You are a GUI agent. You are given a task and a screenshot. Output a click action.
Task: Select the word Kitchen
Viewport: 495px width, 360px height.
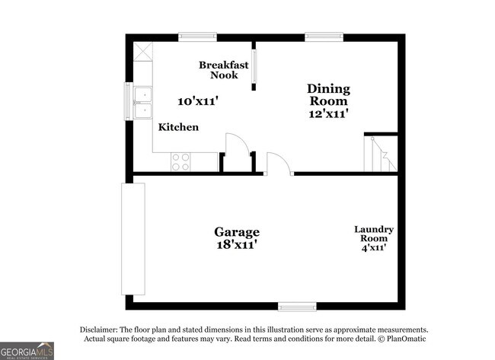pyautogui.click(x=178, y=127)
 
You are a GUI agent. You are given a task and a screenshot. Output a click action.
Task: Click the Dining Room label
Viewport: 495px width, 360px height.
pyautogui.click(x=328, y=94)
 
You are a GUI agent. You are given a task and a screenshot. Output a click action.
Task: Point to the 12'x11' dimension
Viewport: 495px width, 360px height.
pyautogui.click(x=328, y=113)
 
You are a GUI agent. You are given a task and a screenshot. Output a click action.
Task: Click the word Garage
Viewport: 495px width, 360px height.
pyautogui.click(x=236, y=231)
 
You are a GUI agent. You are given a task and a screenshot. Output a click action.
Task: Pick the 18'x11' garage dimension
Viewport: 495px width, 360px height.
pyautogui.click(x=236, y=244)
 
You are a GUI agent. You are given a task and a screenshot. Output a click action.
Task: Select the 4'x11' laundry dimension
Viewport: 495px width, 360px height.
pyautogui.click(x=374, y=247)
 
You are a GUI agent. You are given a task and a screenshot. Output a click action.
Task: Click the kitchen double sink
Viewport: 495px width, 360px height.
pyautogui.click(x=142, y=104)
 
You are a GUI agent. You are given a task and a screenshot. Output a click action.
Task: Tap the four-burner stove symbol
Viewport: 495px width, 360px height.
pyautogui.click(x=180, y=161)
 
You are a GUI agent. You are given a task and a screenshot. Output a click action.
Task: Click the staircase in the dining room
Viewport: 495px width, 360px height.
pyautogui.click(x=380, y=154)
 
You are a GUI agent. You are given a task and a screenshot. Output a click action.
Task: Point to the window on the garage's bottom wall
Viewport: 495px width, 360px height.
pyautogui.click(x=297, y=306)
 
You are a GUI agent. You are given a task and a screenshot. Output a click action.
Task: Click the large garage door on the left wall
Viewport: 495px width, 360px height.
pyautogui.click(x=133, y=239)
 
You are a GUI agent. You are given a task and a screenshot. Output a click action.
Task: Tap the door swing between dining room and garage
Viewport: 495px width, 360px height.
pyautogui.click(x=277, y=164)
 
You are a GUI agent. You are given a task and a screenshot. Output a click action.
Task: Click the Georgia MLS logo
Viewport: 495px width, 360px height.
pyautogui.click(x=27, y=349)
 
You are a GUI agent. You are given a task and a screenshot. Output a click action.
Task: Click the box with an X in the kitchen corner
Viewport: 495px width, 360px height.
pyautogui.click(x=142, y=52)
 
